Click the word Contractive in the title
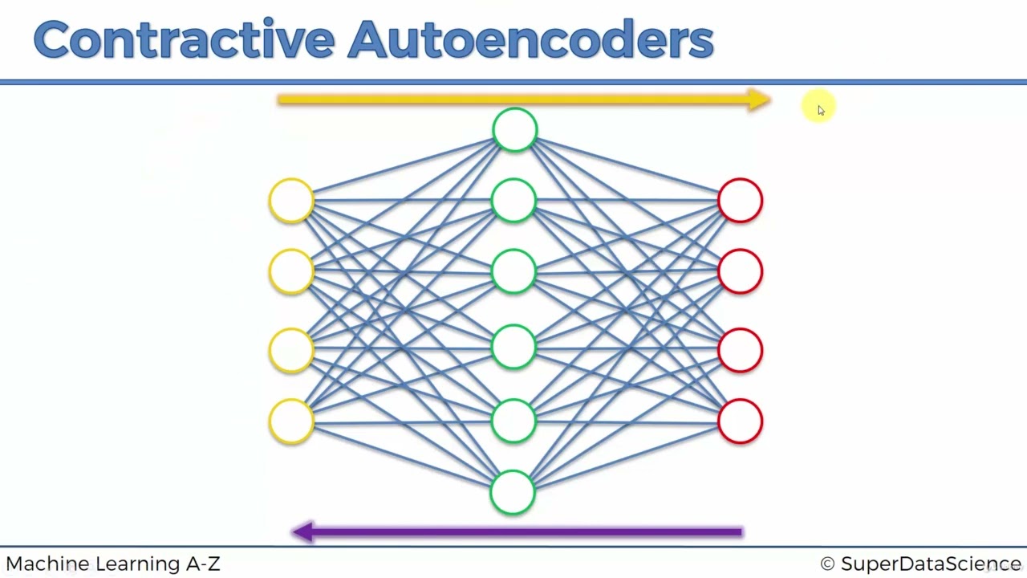183,40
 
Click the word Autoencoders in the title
530,40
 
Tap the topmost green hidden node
514,130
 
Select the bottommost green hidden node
513,492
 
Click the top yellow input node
291,200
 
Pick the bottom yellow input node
291,421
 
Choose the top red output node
740,200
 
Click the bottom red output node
740,421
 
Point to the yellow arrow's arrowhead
758,100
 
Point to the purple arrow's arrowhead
303,531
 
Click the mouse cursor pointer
820,110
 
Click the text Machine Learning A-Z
113,564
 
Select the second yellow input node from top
291,271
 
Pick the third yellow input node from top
291,350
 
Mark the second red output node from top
740,271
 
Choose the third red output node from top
740,350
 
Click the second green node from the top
513,200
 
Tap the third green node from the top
513,271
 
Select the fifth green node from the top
513,421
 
